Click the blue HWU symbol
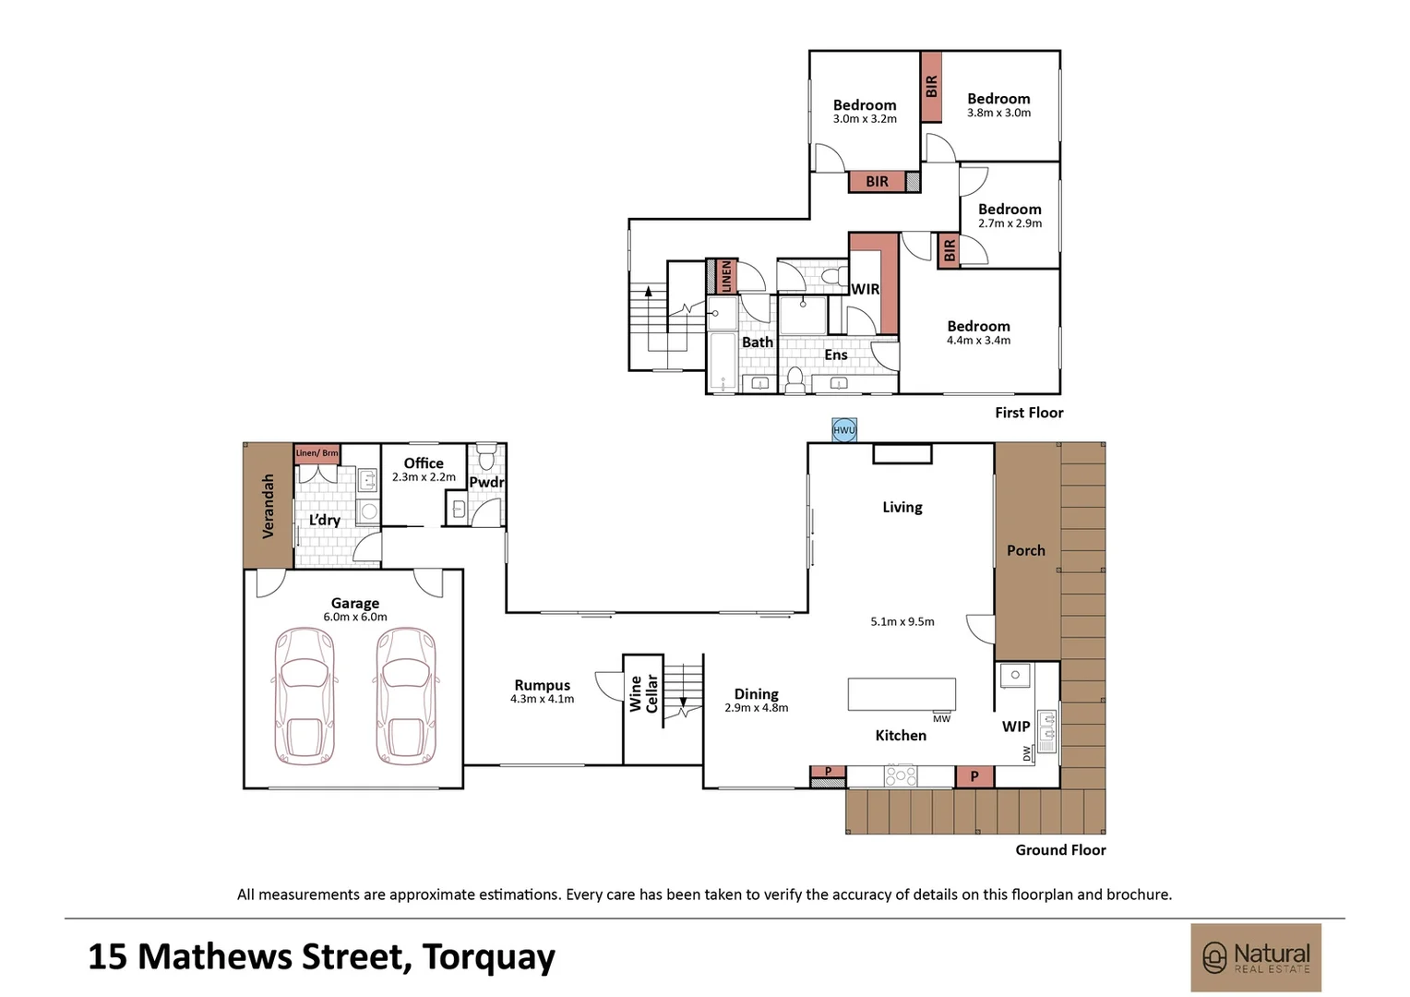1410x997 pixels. point(844,430)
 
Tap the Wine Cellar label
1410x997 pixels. point(643,693)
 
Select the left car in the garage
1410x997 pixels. point(304,696)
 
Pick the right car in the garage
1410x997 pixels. point(406,696)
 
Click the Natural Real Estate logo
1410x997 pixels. point(1256,958)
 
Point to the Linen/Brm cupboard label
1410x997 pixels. point(317,453)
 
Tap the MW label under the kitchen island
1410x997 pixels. point(941,718)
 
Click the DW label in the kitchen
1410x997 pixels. point(1027,753)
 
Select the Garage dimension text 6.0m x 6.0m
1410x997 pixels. point(355,618)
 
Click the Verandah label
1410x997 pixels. point(269,507)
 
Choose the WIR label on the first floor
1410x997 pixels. point(865,289)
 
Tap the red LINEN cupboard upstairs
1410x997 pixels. point(726,276)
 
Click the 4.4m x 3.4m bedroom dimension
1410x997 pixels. point(979,341)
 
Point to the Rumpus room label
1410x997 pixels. point(542,685)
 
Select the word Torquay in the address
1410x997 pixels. point(488,957)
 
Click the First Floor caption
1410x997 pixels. point(1029,414)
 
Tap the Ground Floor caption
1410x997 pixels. point(1060,850)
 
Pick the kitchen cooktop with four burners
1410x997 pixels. point(901,775)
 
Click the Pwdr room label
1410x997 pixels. point(486,483)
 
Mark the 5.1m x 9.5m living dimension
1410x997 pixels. point(902,621)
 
